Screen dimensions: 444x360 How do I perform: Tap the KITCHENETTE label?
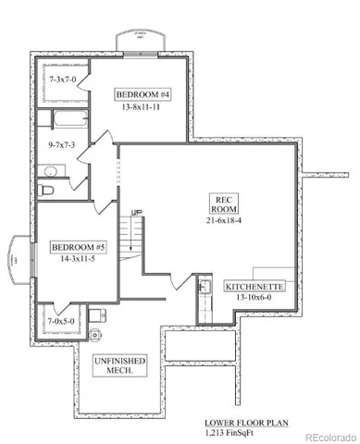pos(255,288)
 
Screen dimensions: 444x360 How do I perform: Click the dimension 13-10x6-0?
pos(255,300)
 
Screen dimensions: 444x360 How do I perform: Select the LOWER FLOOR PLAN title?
pos(245,422)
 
